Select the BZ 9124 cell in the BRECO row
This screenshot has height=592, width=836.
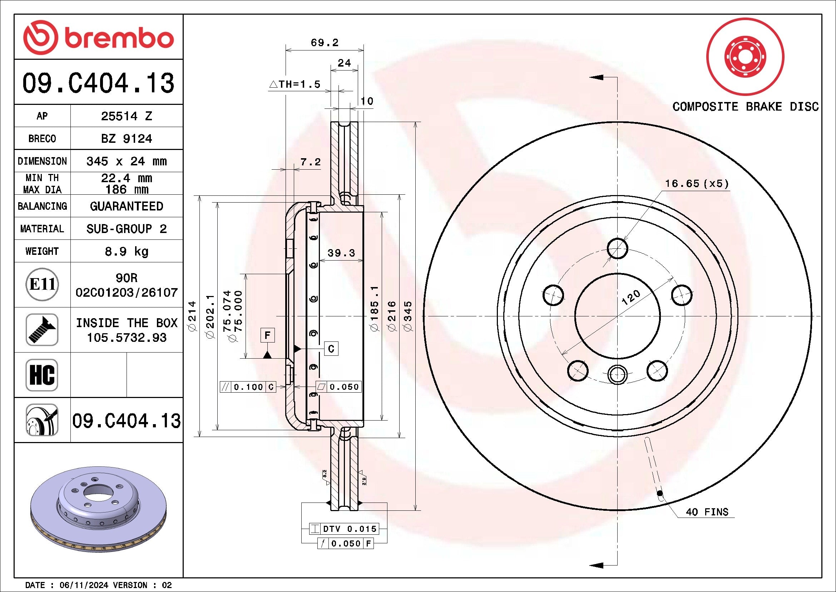(126, 139)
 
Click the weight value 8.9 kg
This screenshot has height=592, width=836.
(126, 251)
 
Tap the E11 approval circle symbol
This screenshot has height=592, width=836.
(42, 285)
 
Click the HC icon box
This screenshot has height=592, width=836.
(42, 375)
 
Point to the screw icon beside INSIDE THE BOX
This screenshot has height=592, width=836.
(42, 330)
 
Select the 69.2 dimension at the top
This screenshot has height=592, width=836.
(325, 43)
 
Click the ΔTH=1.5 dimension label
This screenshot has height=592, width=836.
(295, 84)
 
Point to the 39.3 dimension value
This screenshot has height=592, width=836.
(341, 253)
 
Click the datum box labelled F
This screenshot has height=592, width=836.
(268, 335)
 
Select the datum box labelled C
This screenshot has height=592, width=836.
(331, 349)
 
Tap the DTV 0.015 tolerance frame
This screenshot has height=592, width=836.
(344, 529)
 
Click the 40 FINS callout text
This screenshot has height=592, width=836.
(707, 512)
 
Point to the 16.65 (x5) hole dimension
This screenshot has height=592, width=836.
(697, 184)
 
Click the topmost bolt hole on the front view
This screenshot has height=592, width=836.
(618, 248)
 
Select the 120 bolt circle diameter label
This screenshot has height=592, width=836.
(630, 297)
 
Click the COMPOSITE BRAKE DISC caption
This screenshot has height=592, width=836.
(745, 107)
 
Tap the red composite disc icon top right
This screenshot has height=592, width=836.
(745, 57)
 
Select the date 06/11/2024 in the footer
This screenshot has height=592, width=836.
(84, 585)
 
